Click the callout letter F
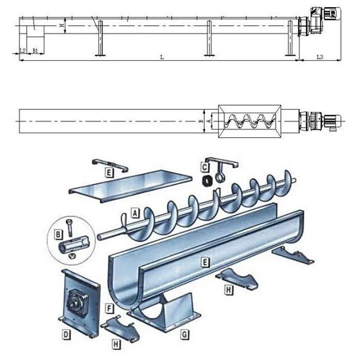pos(109,309)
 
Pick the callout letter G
pos(184,334)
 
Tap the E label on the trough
pos(205,262)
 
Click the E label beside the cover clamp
pos(109,172)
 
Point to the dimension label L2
pos(22,50)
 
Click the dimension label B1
pos(35,50)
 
